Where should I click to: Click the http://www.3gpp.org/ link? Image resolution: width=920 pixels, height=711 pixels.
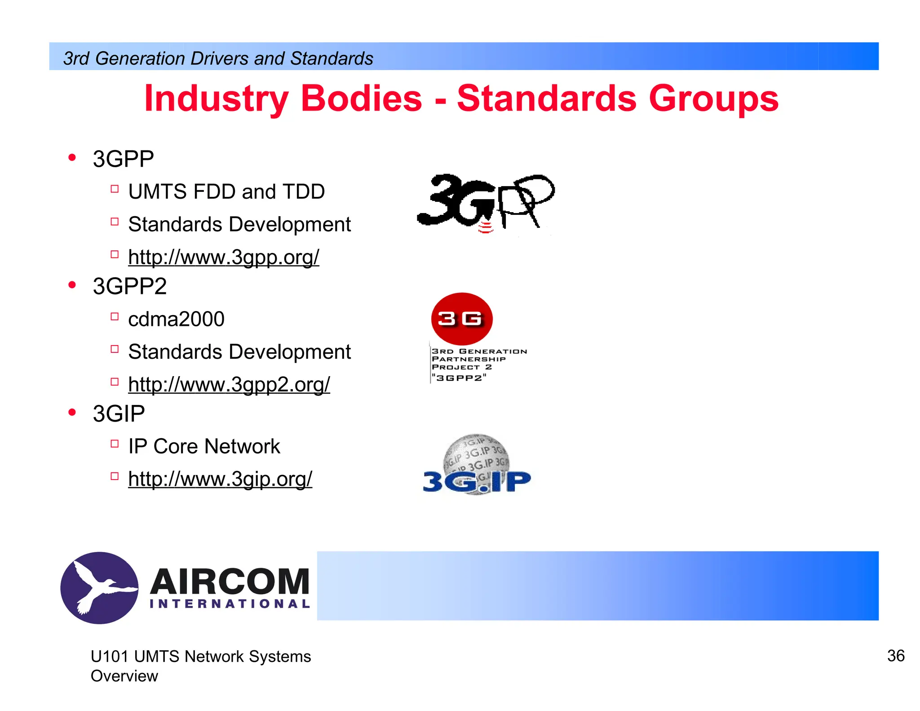(223, 257)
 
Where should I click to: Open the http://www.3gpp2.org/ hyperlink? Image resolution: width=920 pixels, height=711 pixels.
(229, 385)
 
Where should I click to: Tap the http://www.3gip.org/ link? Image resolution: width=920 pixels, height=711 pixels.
(220, 479)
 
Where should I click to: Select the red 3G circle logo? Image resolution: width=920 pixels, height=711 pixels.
(461, 319)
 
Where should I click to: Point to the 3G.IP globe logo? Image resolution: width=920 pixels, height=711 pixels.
(477, 466)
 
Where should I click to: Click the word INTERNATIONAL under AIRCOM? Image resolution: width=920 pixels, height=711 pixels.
(230, 604)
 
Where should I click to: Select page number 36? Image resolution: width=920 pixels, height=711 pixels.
(896, 656)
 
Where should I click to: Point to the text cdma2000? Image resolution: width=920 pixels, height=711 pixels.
(176, 320)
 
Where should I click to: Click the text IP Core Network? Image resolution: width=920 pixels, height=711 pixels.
(204, 447)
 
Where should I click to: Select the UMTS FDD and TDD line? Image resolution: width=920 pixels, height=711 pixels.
(226, 192)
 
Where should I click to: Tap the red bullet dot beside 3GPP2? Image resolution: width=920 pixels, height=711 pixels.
(72, 285)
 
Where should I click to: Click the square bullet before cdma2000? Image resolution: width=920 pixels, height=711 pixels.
(115, 316)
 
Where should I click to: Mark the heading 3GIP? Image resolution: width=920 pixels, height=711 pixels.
(119, 414)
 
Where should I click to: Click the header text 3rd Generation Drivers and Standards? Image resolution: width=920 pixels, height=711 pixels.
(218, 58)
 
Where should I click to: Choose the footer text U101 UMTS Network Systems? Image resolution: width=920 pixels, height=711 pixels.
(200, 657)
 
